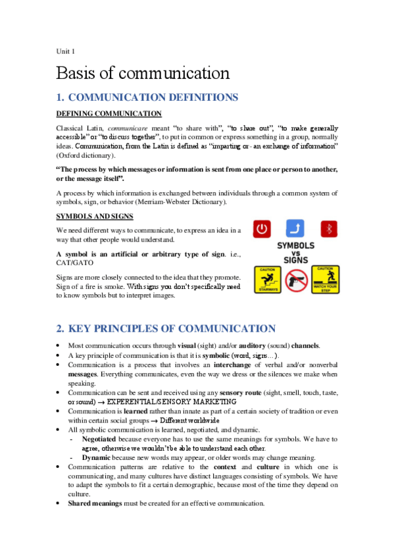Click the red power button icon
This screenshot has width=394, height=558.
coord(262,230)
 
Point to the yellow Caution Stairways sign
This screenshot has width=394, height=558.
coord(267,279)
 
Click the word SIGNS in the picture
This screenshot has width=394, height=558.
coord(295,259)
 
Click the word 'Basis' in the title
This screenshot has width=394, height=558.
coord(79,72)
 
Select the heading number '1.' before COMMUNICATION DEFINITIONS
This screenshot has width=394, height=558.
coord(60,97)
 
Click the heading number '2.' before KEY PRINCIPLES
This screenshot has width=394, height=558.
coord(61,328)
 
